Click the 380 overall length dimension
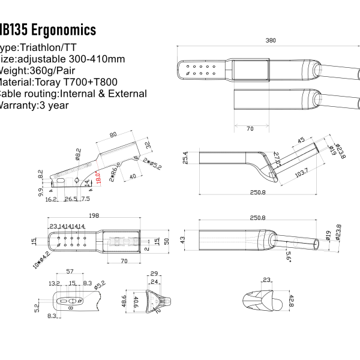click(271, 41)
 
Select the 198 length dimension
click(94, 215)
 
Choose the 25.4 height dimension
click(186, 158)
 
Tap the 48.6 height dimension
click(124, 300)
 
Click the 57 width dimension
click(70, 272)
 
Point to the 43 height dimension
click(184, 240)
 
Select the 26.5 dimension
click(70, 199)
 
